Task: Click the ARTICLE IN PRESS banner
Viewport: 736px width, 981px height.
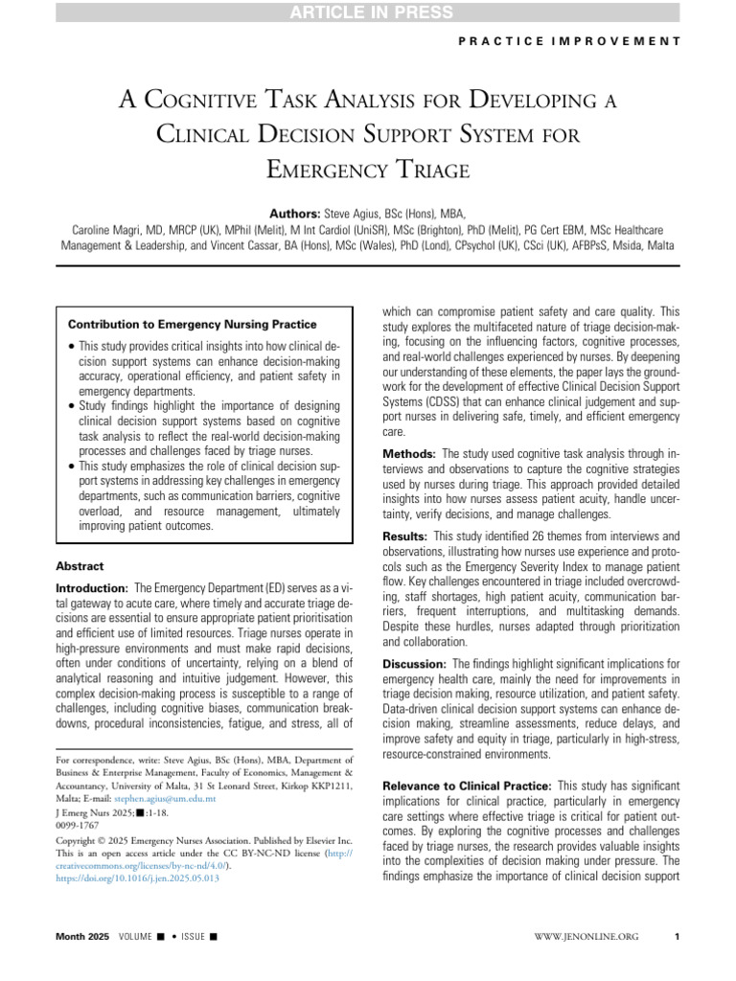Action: point(368,11)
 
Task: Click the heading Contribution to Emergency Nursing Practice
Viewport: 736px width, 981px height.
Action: point(192,325)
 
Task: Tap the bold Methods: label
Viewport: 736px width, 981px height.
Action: point(412,452)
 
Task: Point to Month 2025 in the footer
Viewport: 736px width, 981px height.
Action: point(83,935)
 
